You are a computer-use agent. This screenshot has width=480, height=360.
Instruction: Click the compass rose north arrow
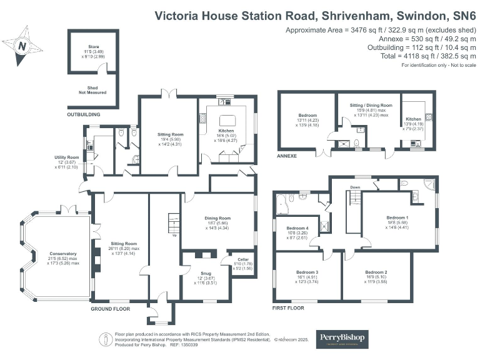click(23, 46)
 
